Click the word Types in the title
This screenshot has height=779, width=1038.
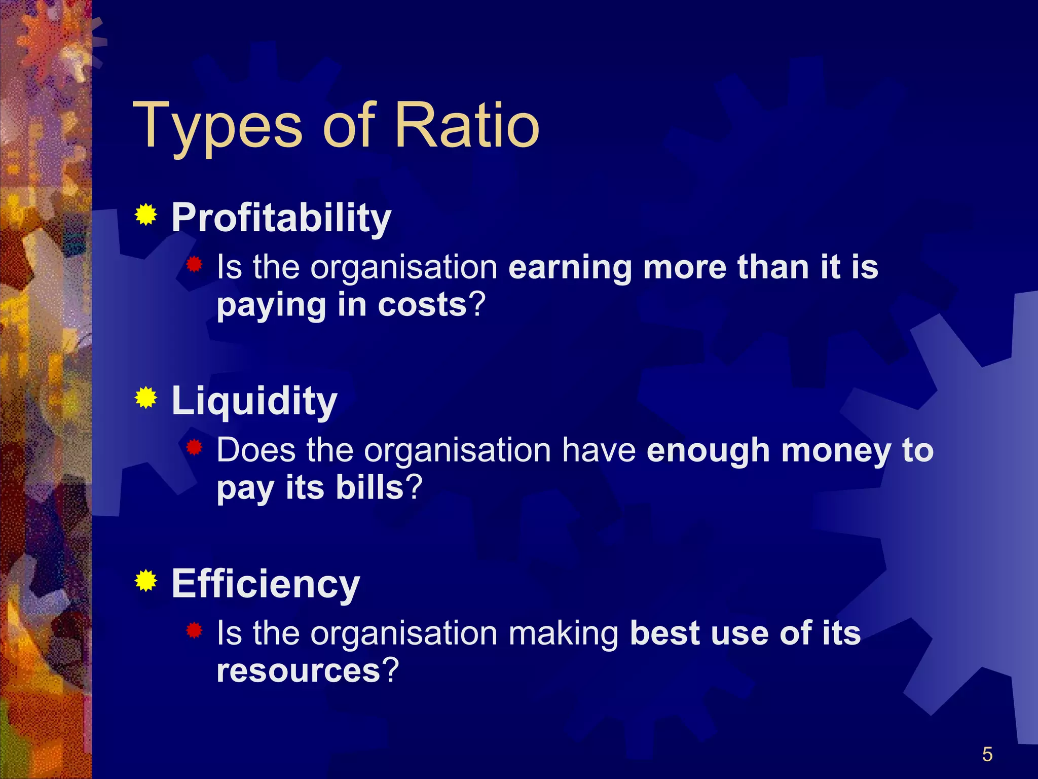(218, 127)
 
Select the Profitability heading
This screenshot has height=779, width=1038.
(281, 218)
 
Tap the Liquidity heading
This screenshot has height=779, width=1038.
(254, 401)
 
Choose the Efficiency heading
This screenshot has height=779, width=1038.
(266, 584)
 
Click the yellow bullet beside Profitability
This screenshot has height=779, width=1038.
(146, 215)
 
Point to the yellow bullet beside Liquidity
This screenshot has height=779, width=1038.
(146, 398)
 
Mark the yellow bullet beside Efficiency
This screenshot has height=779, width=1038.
(146, 581)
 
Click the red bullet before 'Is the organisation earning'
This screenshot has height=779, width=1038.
(194, 264)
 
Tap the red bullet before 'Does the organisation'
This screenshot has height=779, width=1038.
(194, 447)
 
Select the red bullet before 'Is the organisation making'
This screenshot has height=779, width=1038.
(194, 630)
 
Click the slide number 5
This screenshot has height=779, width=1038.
(987, 755)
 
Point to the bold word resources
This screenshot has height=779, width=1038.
(298, 671)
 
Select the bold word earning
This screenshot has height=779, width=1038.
(570, 268)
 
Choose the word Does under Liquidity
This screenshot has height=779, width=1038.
(256, 450)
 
